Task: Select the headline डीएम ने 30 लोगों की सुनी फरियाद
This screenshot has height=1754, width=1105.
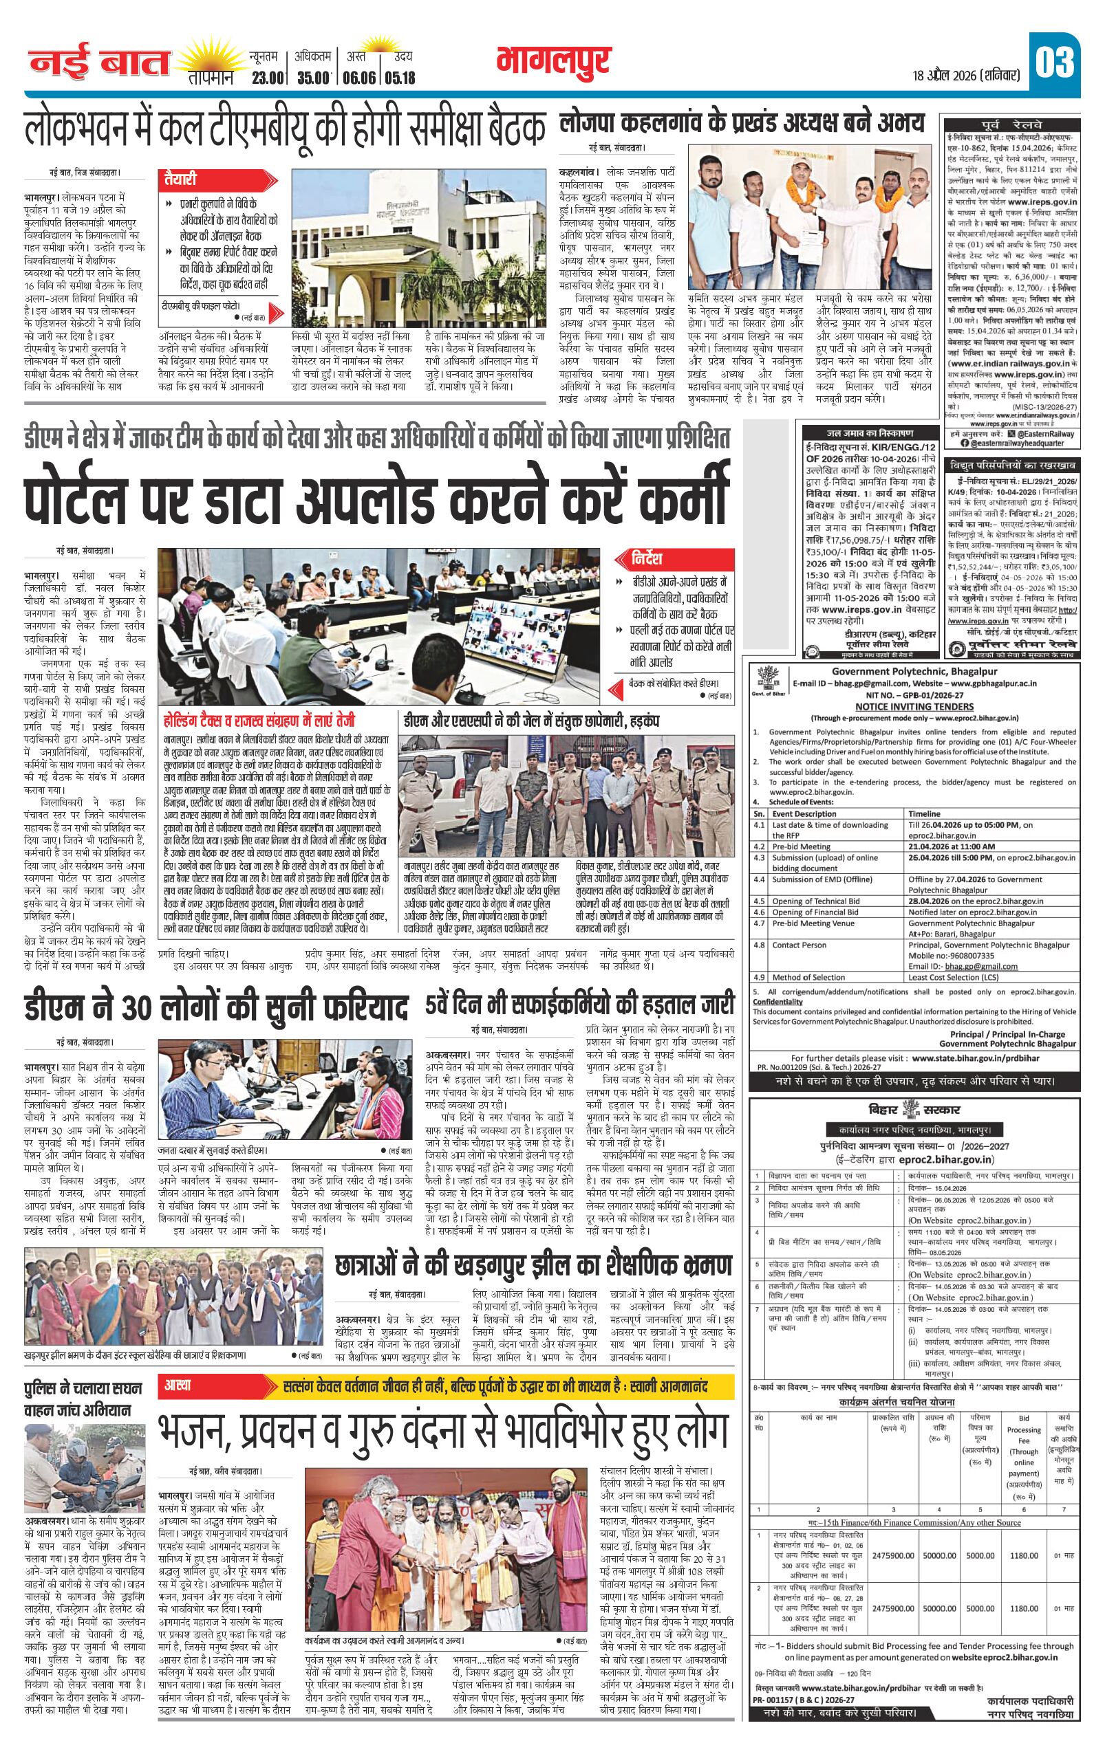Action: click(x=217, y=1007)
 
